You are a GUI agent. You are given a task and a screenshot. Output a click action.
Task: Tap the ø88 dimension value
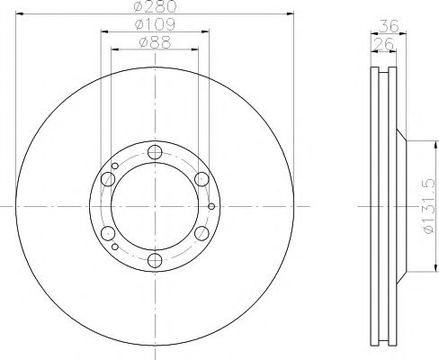(155, 40)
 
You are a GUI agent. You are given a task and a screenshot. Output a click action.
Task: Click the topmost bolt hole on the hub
(155, 152)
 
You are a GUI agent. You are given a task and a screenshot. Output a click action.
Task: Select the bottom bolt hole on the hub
(155, 261)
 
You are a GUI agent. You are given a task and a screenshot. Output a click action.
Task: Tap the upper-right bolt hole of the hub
(202, 179)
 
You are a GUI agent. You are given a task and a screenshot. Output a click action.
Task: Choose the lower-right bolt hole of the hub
(202, 234)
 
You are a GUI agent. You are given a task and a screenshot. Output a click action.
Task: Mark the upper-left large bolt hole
(108, 179)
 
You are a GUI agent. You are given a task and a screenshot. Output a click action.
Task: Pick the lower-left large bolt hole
(108, 234)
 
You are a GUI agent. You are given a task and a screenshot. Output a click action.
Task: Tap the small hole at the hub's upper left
(116, 166)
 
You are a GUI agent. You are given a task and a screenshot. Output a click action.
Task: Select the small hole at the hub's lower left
(116, 247)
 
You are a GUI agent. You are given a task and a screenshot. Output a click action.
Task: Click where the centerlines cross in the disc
(155, 207)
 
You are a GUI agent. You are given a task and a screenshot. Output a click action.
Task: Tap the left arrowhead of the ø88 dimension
(114, 47)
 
